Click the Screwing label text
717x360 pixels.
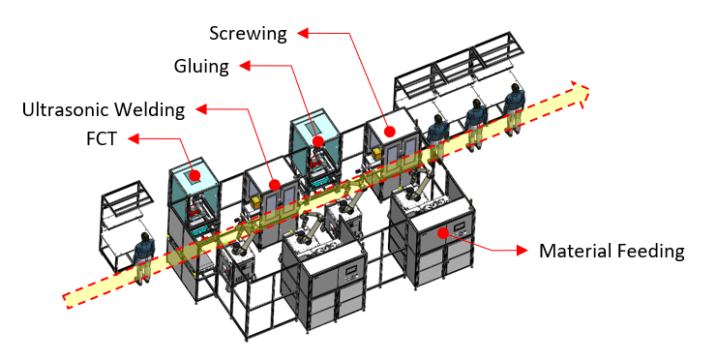point(248,34)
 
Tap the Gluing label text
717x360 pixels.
point(201,67)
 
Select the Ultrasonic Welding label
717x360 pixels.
point(104,109)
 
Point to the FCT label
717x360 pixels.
point(101,139)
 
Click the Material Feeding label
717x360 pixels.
point(612,252)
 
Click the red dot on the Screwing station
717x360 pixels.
point(389,132)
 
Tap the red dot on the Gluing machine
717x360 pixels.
point(318,140)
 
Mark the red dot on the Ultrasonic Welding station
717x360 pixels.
point(275,185)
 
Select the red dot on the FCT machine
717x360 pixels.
point(195,175)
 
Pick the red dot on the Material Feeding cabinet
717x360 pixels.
point(442,233)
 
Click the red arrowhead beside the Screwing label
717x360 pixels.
point(303,33)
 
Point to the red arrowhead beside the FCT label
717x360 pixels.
point(134,138)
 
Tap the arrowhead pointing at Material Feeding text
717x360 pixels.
point(523,251)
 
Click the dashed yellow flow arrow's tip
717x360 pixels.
point(588,90)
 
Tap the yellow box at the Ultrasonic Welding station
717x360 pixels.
point(255,203)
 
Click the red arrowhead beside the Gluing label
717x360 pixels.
point(245,66)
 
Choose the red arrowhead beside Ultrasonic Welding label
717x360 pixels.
point(201,108)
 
